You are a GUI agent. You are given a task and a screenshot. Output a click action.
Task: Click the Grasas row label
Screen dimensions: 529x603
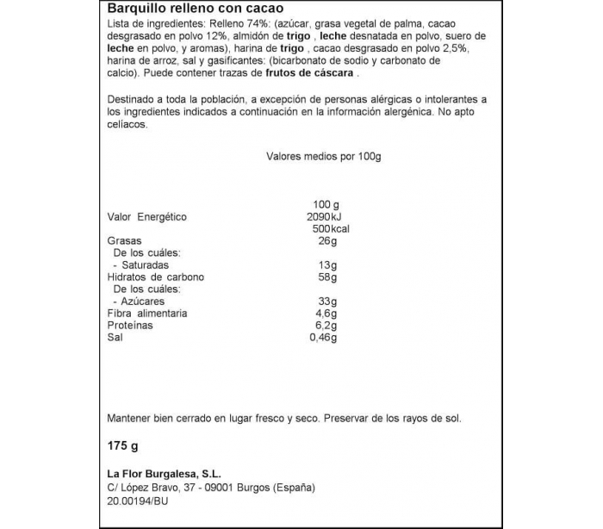point(124,241)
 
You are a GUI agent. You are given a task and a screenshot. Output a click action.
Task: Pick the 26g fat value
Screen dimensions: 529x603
point(327,241)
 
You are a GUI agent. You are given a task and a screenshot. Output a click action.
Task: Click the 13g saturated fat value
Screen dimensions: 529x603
point(327,265)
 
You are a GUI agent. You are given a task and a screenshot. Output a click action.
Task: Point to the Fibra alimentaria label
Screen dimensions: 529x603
point(147,314)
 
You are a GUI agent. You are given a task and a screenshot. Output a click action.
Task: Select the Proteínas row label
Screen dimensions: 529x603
point(130,326)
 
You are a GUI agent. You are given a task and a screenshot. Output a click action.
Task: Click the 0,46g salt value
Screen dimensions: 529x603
point(322,338)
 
